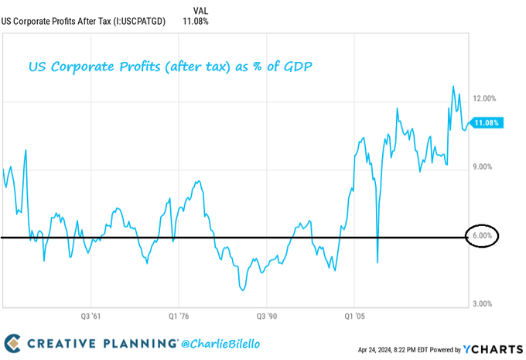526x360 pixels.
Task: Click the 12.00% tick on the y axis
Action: point(483,98)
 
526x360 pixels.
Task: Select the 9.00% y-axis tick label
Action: point(483,166)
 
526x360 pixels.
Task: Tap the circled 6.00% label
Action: point(483,235)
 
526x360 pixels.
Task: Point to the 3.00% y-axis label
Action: point(483,304)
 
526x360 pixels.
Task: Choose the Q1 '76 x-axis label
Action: point(179,316)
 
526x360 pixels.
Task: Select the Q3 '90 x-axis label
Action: point(266,316)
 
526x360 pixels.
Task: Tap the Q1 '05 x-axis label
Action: point(354,316)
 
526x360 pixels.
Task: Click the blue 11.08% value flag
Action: point(487,122)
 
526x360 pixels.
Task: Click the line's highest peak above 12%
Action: point(453,86)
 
